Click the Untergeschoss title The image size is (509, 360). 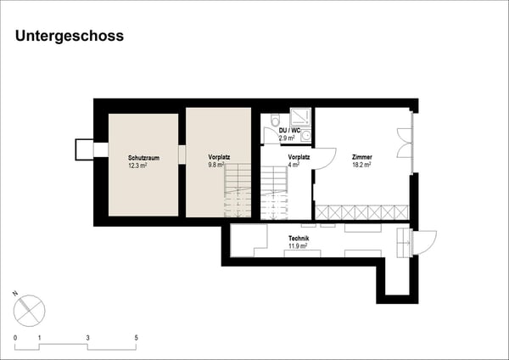tap(70, 36)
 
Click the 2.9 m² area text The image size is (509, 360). tap(287, 138)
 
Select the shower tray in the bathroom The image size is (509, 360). tap(301, 118)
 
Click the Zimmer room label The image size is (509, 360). tap(362, 158)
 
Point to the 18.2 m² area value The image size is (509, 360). tap(362, 166)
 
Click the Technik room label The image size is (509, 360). tap(299, 239)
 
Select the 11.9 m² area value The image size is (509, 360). tap(299, 248)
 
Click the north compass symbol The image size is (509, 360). tap(31, 307)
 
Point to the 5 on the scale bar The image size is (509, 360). tap(136, 338)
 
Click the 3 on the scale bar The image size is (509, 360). tap(87, 338)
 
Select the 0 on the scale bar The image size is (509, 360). tap(15, 338)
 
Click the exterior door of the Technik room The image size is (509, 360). tap(422, 243)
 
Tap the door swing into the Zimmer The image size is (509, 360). tap(326, 159)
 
